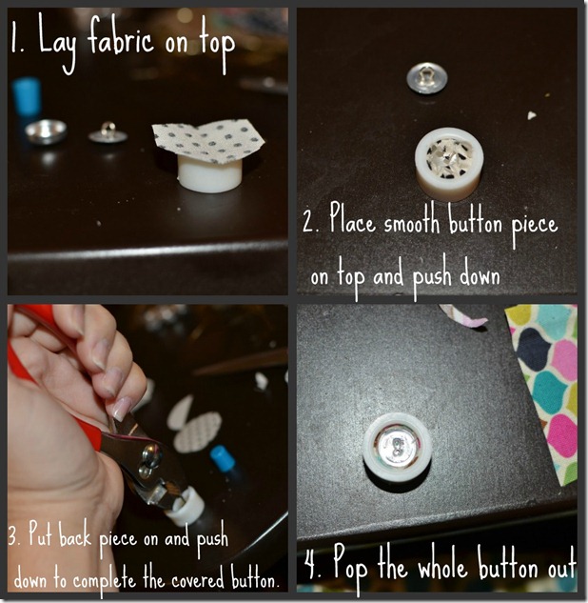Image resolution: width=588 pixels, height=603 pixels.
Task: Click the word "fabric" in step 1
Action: [121, 39]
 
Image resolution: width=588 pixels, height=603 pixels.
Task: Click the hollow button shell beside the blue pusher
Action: [46, 131]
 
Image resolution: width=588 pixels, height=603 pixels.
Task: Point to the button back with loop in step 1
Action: [108, 133]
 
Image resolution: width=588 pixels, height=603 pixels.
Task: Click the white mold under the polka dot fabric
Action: [209, 174]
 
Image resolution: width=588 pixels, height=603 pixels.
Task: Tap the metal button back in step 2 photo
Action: [427, 79]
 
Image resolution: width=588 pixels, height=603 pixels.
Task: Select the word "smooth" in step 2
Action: [412, 222]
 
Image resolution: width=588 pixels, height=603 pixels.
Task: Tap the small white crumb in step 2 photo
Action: [532, 114]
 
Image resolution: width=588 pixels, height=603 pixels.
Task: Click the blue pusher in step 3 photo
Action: [224, 459]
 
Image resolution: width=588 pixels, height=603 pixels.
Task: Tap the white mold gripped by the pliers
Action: [185, 507]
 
